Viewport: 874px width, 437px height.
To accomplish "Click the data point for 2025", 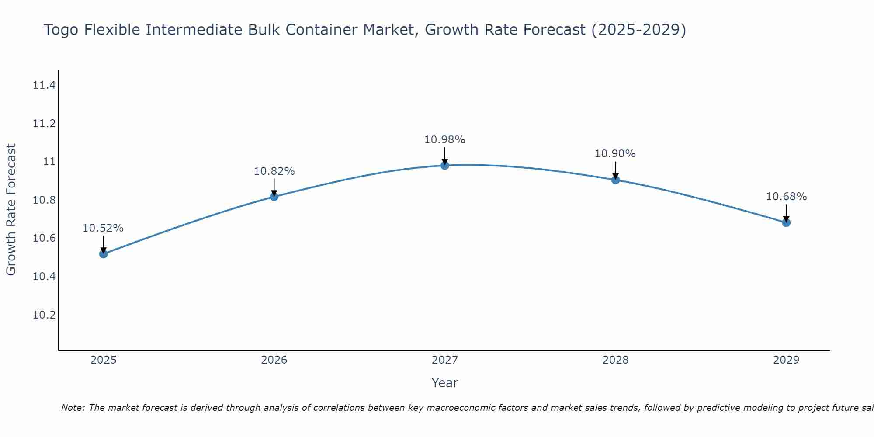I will (104, 254).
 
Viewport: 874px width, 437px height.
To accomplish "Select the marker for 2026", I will (274, 197).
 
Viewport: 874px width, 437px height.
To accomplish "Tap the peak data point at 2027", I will (445, 165).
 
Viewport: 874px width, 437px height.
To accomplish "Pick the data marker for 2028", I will (615, 180).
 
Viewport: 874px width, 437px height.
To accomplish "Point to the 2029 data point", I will (786, 222).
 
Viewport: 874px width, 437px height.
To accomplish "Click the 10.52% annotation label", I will (103, 228).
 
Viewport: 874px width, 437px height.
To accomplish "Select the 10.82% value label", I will (274, 171).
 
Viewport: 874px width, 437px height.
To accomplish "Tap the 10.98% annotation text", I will (445, 140).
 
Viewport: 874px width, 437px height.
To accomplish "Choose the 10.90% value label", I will (615, 154).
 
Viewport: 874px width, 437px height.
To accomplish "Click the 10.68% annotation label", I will (786, 197).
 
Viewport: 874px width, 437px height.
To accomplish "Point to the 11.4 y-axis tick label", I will (44, 85).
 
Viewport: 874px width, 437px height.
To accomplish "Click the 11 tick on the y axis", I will (49, 162).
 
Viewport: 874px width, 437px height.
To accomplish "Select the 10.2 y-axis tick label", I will (44, 315).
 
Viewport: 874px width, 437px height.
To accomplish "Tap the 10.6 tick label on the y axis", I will (44, 238).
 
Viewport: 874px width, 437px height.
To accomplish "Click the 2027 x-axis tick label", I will (445, 360).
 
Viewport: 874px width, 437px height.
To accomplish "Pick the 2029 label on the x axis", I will (786, 360).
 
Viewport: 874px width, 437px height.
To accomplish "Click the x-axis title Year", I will (445, 383).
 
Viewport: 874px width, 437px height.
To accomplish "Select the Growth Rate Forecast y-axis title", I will (11, 210).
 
